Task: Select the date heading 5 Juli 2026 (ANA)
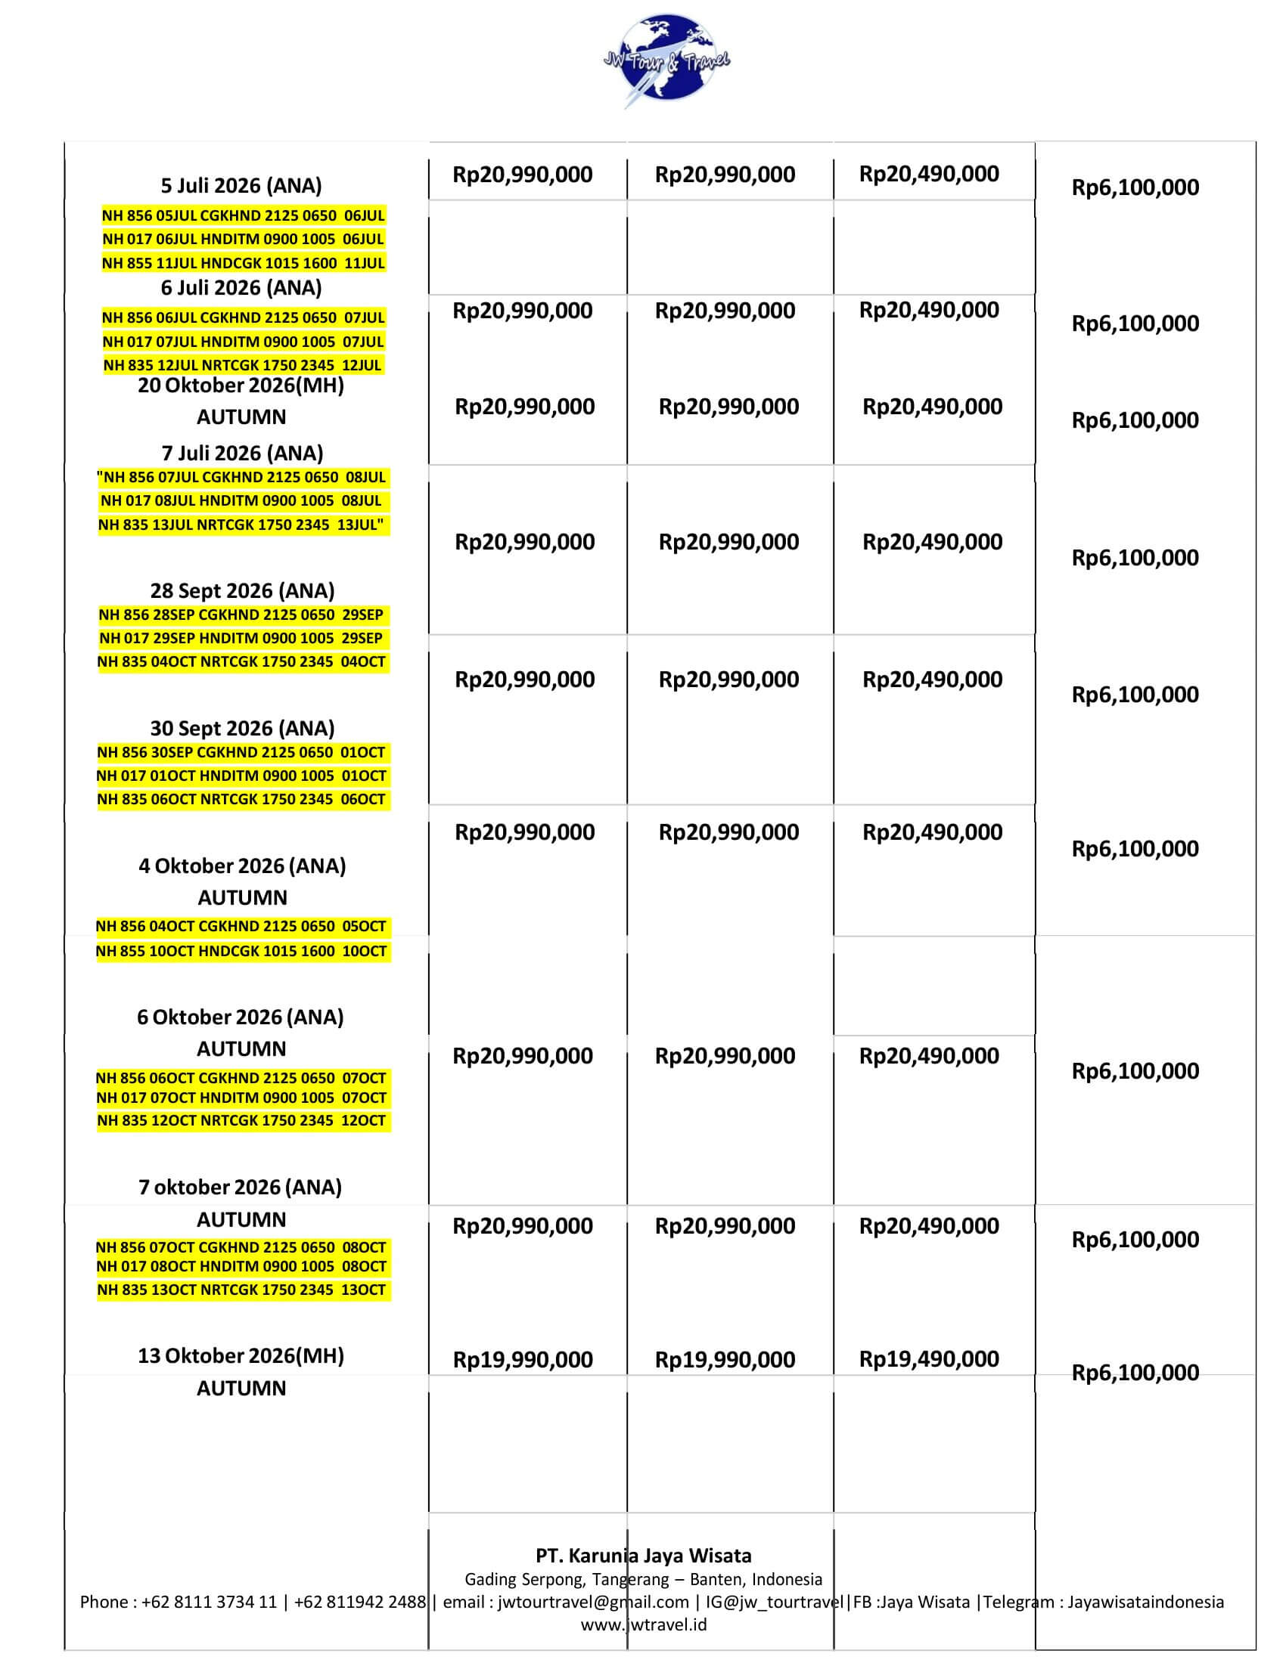point(241,186)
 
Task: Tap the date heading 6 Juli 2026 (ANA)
point(241,288)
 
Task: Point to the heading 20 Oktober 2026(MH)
point(241,386)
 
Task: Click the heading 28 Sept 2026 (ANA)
point(242,591)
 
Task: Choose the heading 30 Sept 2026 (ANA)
point(242,729)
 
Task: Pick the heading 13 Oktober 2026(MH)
point(241,1356)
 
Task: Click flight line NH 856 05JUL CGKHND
point(243,215)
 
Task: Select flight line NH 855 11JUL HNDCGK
point(243,264)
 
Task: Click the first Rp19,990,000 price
point(523,1360)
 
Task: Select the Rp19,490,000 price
point(929,1359)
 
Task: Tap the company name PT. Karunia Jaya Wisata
point(643,1556)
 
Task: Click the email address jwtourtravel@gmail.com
point(593,1602)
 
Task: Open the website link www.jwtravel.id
point(643,1625)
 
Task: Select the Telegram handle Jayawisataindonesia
point(1145,1602)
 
